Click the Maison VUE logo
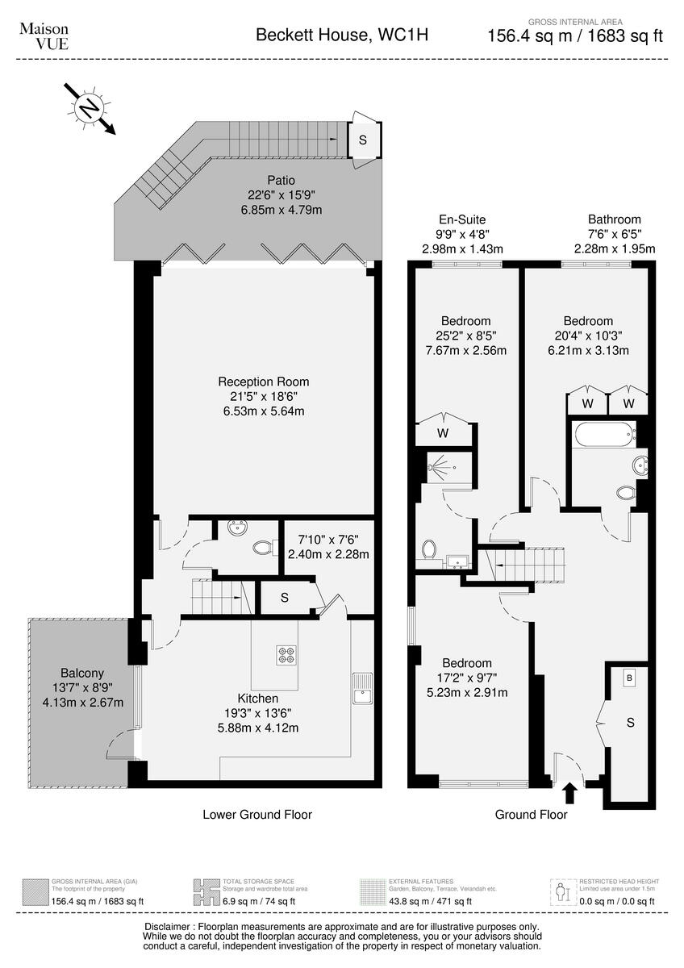point(44,35)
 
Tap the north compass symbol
point(88,107)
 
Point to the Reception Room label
point(263,382)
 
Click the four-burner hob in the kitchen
point(286,655)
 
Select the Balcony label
point(82,673)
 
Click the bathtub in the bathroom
point(603,436)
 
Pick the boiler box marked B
point(629,679)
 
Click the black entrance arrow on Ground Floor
point(570,793)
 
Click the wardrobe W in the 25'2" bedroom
point(443,433)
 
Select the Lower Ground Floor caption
point(256,815)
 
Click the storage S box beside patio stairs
point(362,140)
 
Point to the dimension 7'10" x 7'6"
point(328,539)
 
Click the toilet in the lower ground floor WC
point(261,549)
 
